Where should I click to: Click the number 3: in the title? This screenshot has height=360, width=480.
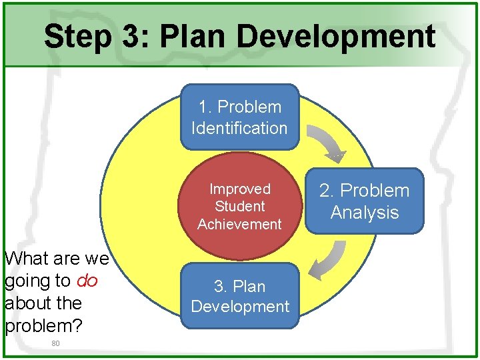click(x=137, y=37)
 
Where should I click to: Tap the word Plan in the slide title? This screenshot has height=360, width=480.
click(x=193, y=37)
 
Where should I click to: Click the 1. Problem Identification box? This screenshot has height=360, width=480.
click(x=239, y=117)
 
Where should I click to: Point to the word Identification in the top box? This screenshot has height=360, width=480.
click(x=239, y=128)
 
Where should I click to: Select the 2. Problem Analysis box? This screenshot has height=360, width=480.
click(x=365, y=201)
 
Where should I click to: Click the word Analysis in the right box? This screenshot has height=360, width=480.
click(x=365, y=213)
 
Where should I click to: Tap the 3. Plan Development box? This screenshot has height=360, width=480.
click(x=240, y=296)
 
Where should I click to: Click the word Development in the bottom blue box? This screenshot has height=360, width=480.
click(x=240, y=307)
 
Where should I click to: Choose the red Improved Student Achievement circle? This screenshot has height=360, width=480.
click(x=240, y=207)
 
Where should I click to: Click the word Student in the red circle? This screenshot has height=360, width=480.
click(x=240, y=207)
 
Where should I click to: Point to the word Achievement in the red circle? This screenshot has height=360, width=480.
click(x=240, y=224)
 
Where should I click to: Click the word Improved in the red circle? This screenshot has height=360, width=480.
click(x=240, y=189)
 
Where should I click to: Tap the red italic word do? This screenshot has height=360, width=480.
click(x=87, y=281)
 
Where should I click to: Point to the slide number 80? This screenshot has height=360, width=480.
click(x=55, y=343)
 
